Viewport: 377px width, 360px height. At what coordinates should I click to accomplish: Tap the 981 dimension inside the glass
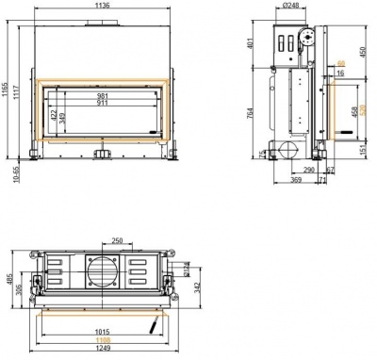(x=103, y=95)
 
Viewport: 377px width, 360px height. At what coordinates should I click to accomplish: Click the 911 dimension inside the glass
(x=103, y=104)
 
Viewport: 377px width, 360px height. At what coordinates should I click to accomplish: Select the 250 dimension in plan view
(x=116, y=240)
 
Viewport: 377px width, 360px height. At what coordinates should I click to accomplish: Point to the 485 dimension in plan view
(x=7, y=280)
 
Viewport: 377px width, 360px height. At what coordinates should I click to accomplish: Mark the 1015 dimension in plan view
(x=104, y=332)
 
